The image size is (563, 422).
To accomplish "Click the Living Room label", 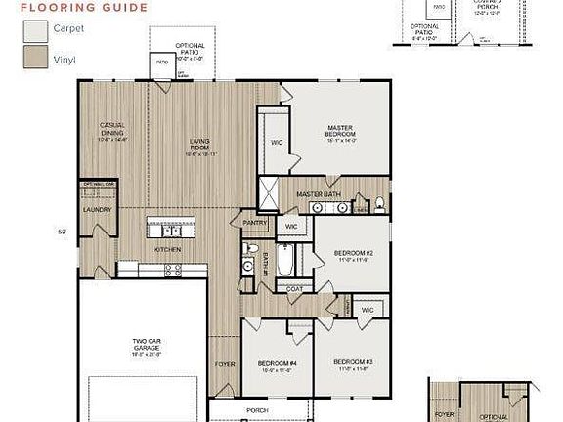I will pyautogui.click(x=199, y=149).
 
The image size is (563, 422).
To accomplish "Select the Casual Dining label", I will pyautogui.click(x=114, y=131).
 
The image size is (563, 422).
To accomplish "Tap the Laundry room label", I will pyautogui.click(x=98, y=210).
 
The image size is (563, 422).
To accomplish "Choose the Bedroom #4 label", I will pyautogui.click(x=264, y=363).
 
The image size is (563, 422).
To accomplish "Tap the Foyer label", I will pyautogui.click(x=224, y=364).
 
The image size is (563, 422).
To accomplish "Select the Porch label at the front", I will pyautogui.click(x=258, y=410).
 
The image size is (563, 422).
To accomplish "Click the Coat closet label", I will pyautogui.click(x=294, y=289).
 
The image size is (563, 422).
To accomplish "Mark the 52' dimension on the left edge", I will pyautogui.click(x=62, y=232).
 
